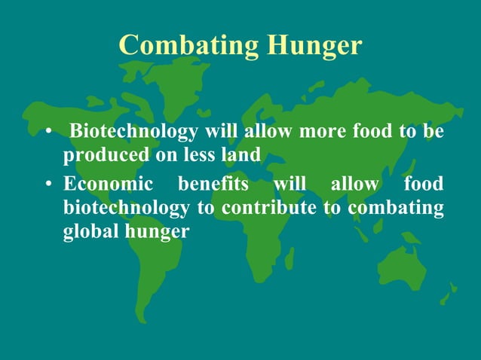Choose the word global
tap(86, 230)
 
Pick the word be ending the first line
tap(433, 133)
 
